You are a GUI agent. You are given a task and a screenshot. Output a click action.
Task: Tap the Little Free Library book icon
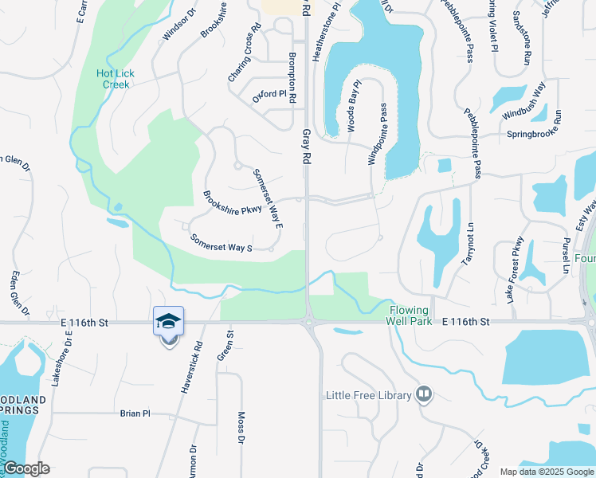pos(424,394)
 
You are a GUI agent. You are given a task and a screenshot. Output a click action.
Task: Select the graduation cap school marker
pos(168,321)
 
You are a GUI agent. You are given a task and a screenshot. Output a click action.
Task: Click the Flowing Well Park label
pos(410,315)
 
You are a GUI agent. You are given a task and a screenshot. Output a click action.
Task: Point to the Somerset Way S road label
pos(222,243)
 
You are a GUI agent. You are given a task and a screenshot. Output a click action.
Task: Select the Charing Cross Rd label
pos(245,53)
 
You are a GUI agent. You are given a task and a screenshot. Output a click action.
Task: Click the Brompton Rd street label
pos(293,78)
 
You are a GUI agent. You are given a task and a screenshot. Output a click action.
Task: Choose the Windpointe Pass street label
pos(377,133)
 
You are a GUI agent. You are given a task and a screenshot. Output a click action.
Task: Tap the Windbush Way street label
pos(523,100)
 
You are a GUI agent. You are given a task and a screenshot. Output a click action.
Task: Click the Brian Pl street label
pos(135,413)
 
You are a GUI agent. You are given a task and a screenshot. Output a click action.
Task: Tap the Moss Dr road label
pos(241,428)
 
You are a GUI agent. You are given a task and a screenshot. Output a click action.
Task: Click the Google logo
pos(27,468)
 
